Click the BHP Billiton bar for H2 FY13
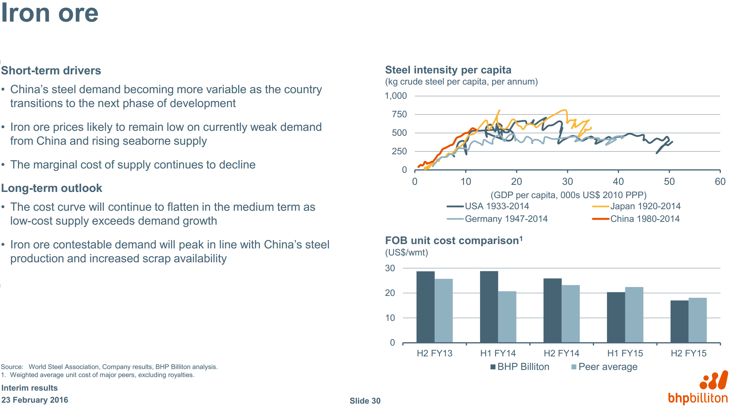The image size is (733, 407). [x=425, y=307]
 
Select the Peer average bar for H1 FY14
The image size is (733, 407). [x=507, y=317]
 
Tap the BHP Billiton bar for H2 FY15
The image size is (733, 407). [x=679, y=321]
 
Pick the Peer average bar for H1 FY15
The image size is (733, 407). [x=634, y=314]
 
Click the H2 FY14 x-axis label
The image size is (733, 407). [x=561, y=353]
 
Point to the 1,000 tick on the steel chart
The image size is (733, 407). [x=396, y=96]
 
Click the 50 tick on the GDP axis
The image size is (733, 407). [x=669, y=181]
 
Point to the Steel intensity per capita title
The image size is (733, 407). [x=448, y=70]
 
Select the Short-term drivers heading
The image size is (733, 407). [x=51, y=71]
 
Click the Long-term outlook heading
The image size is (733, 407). [x=52, y=188]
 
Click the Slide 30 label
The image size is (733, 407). [x=365, y=401]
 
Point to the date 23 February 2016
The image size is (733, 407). [x=35, y=400]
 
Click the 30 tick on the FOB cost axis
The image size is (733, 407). [x=390, y=268]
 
